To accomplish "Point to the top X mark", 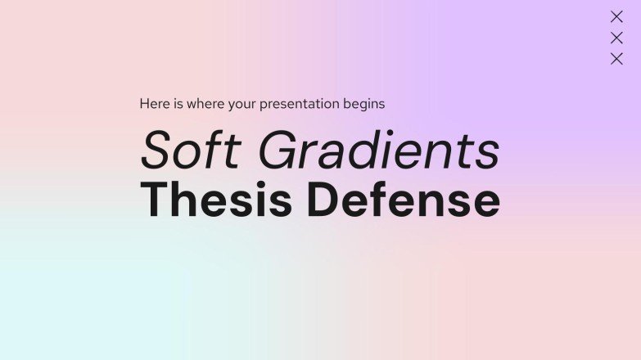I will (616, 17).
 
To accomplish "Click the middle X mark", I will (616, 38).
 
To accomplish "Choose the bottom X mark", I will (616, 58).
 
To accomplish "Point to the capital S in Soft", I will (155, 151).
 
